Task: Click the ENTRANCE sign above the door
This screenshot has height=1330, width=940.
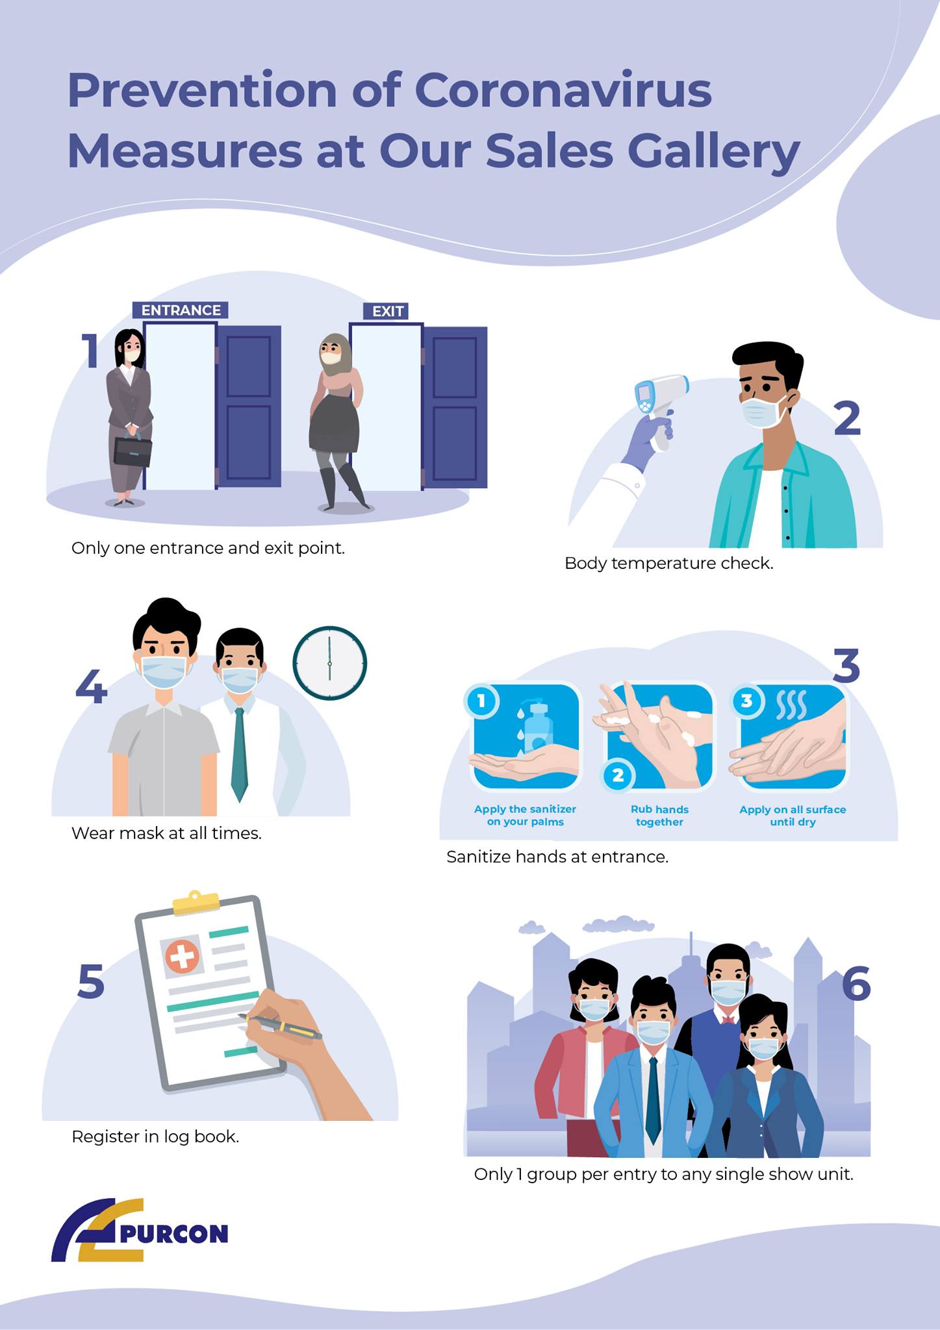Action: (x=181, y=310)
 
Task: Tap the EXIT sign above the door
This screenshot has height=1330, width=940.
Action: (x=387, y=312)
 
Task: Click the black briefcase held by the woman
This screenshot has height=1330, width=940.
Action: (x=133, y=450)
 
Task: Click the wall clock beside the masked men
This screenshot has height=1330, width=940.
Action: (x=330, y=663)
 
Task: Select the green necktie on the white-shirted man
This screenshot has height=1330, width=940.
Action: (x=239, y=753)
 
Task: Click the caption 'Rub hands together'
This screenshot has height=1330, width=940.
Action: (x=659, y=816)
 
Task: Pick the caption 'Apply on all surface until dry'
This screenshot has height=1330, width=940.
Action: (x=793, y=816)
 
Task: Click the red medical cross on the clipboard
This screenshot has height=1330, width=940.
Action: (x=182, y=957)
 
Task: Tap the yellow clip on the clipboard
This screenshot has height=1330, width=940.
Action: (x=196, y=902)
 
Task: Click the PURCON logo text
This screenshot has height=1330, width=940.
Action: (x=173, y=1233)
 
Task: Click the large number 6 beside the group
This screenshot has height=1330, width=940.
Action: (x=856, y=983)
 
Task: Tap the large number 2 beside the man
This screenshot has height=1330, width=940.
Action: (x=847, y=418)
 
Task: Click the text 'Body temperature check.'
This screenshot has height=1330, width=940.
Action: (x=669, y=563)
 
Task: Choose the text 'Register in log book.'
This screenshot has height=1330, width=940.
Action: (x=155, y=1137)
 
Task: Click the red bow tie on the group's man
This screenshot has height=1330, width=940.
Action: (x=728, y=1018)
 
